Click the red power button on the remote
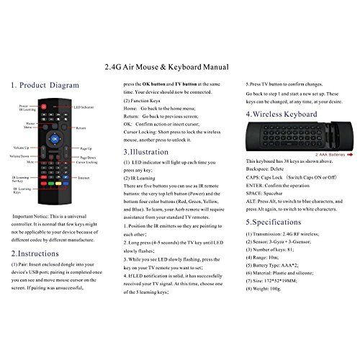tap(44, 106)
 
